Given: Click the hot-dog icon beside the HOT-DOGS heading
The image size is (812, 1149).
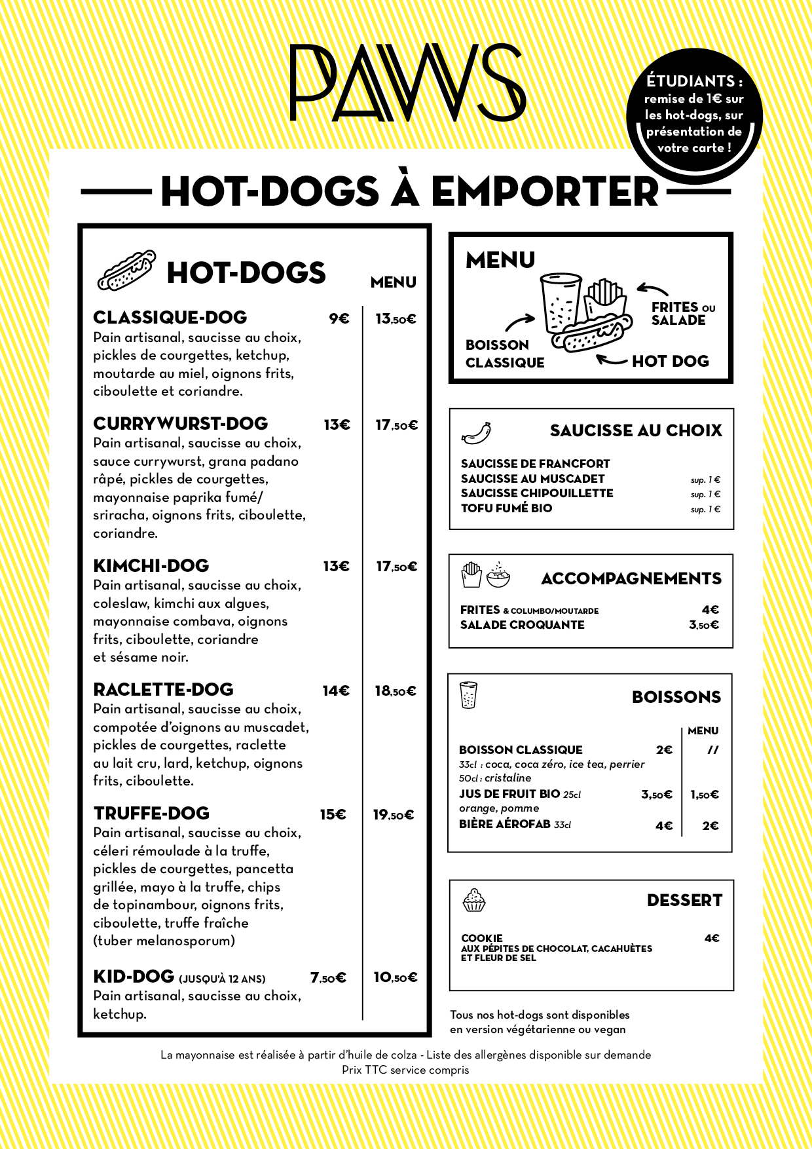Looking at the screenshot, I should point(126,270).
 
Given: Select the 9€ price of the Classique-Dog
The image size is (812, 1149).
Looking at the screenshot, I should point(339,319).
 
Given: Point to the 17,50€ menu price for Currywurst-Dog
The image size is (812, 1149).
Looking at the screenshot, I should point(396,425).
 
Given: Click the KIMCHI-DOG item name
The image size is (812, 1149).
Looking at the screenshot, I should point(151,566).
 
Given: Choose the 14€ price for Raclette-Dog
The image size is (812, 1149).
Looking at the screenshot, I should point(336,690).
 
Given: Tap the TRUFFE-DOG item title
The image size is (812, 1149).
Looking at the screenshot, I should point(151,814).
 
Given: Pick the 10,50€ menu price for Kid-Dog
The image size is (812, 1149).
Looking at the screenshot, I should point(395,977).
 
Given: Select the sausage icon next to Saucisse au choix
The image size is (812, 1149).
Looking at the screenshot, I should point(476,433).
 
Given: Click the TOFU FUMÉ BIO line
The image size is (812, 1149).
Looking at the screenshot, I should point(506,508).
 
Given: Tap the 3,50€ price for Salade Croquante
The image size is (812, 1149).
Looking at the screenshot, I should point(704,625).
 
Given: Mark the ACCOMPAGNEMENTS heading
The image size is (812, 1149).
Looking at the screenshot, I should point(631,578).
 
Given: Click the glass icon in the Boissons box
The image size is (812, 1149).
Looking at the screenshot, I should point(468,695).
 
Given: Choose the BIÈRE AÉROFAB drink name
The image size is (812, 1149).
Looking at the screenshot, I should point(504,824).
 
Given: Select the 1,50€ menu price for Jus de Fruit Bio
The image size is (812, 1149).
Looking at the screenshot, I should point(705,795).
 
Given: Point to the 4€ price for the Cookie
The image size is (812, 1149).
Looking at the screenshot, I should point(712,939).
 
